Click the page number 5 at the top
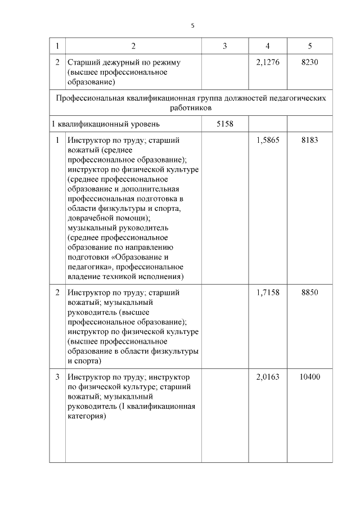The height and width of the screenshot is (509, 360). (192, 25)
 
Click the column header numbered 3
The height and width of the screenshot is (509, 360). (224, 46)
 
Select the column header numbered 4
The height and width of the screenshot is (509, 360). (267, 46)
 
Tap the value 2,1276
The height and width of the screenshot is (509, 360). (267, 62)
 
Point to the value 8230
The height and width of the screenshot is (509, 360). (310, 62)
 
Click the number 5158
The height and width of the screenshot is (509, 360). (224, 123)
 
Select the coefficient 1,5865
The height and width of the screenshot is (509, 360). (267, 140)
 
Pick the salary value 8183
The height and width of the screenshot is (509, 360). (310, 140)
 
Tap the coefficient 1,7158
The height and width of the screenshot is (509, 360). (267, 292)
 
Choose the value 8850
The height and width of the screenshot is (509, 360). (310, 292)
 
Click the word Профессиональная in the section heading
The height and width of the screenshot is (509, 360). (89, 97)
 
